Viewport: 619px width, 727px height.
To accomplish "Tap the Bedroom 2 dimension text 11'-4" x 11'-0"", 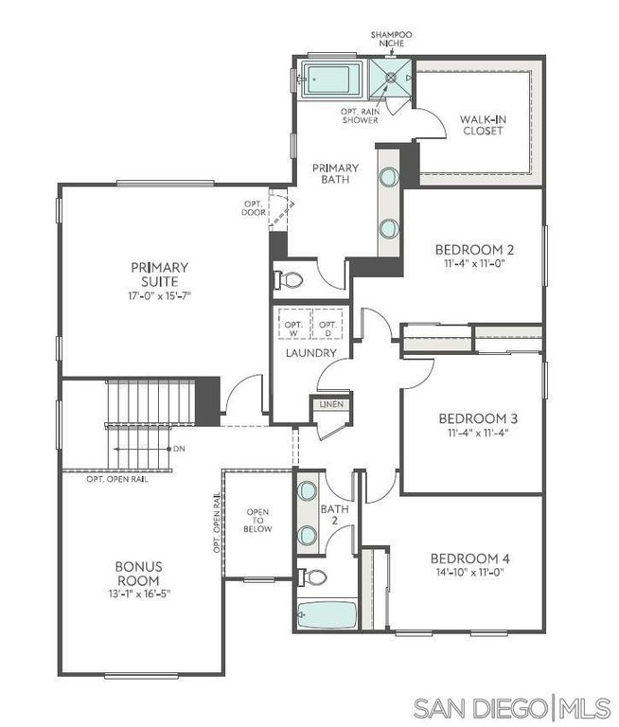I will tap(474, 266).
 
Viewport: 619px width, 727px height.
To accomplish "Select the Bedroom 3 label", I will tap(476, 417).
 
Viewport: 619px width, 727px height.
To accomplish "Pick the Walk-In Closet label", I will tap(481, 125).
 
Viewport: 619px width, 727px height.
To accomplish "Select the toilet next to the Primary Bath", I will tap(289, 280).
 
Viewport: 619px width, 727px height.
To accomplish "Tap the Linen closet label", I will tap(331, 404).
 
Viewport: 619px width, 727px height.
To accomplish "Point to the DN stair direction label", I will tap(178, 448).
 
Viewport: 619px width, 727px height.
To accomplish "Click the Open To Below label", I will tap(258, 521).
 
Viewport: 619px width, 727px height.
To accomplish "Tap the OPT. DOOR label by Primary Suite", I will tap(254, 207).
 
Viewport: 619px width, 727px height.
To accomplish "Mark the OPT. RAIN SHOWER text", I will tap(360, 115).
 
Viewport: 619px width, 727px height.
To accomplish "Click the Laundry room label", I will tap(311, 353).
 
